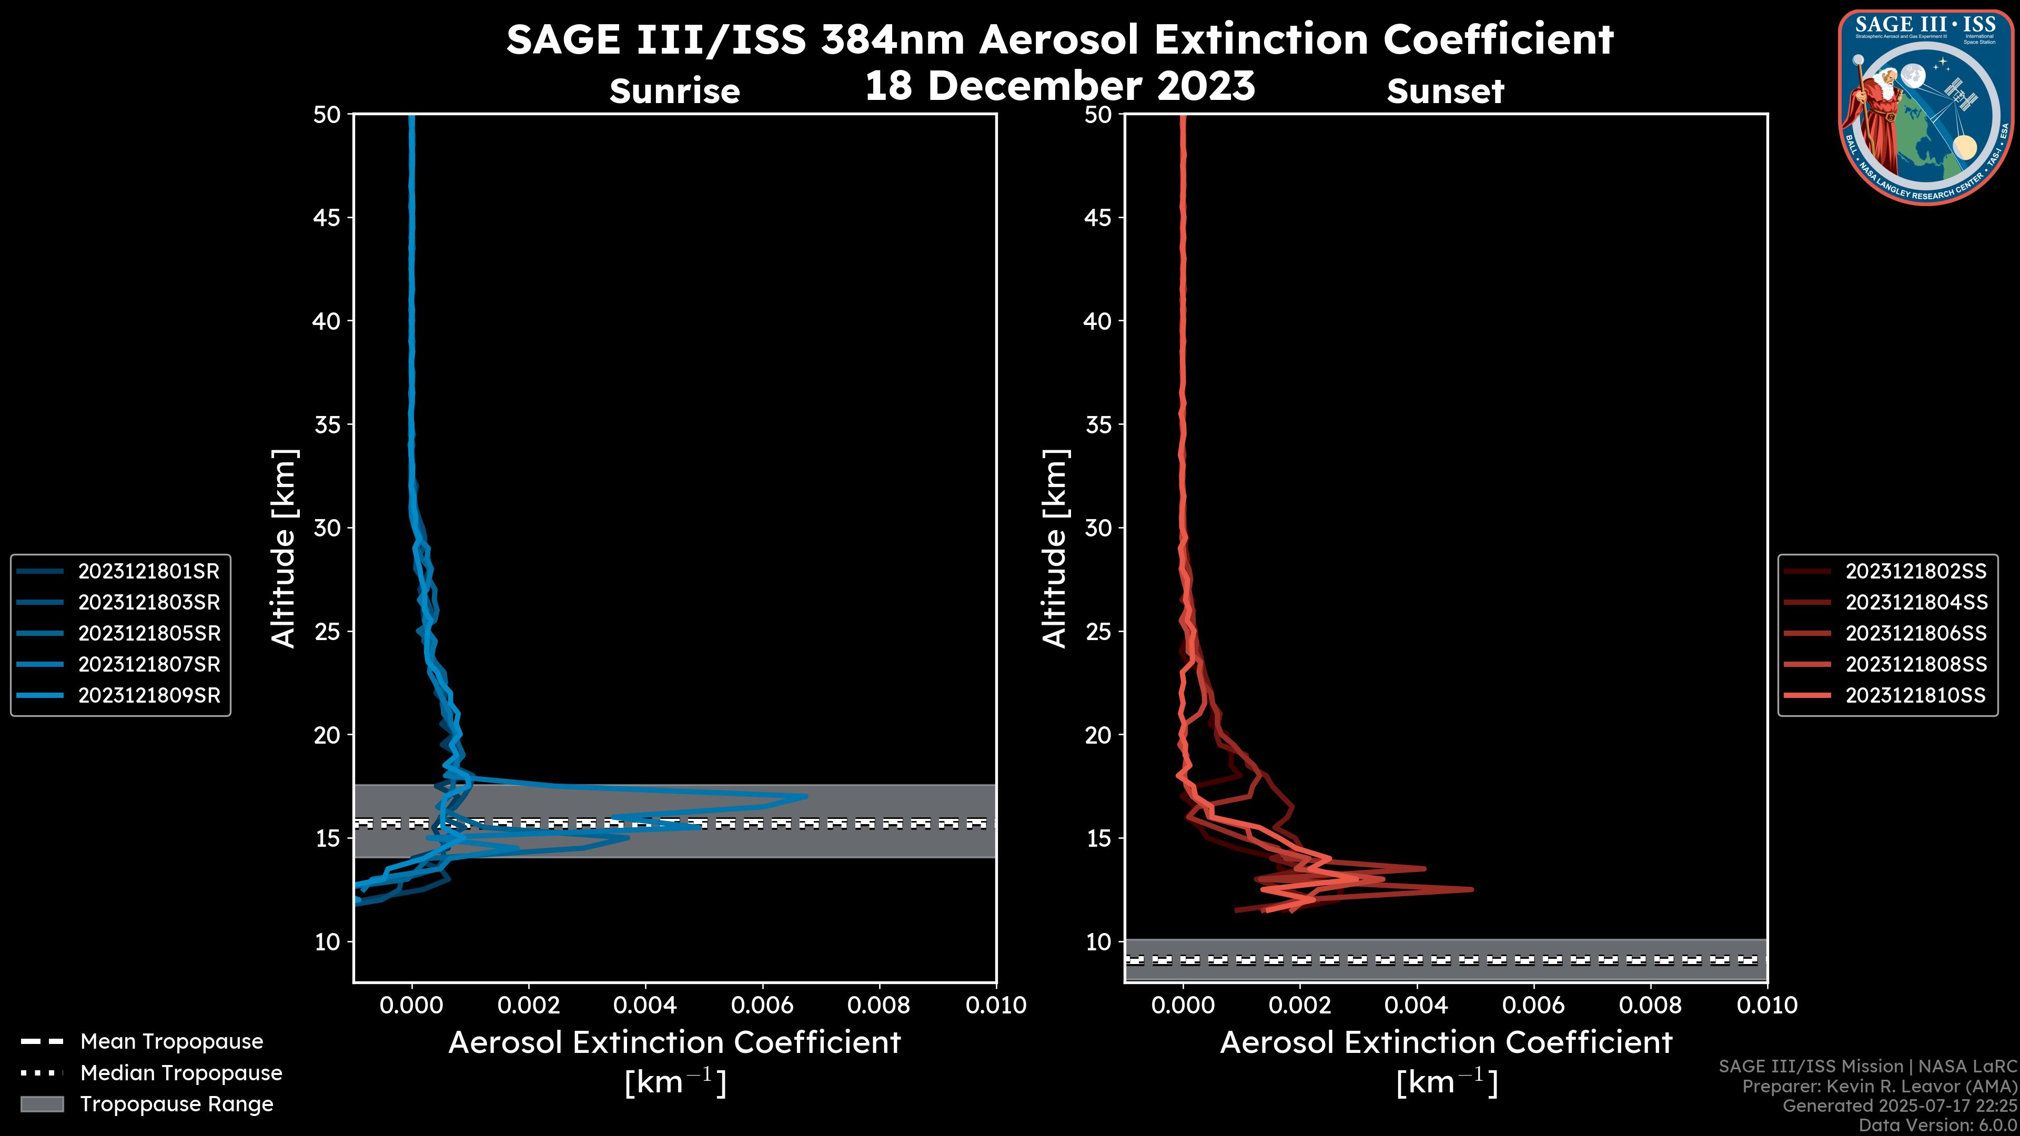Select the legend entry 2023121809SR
tap(149, 695)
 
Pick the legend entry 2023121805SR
tap(149, 633)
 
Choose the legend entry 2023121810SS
tap(1916, 695)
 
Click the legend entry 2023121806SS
tap(1916, 633)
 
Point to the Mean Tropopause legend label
tap(171, 1042)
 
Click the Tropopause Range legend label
tap(176, 1104)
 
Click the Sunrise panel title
tap(674, 92)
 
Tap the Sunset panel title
tap(1445, 92)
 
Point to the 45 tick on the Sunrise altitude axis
tap(327, 218)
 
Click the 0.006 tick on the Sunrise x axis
tap(762, 1005)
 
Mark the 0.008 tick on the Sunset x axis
tap(1651, 1005)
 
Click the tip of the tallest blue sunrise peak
tap(806, 797)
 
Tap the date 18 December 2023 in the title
tap(1059, 86)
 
